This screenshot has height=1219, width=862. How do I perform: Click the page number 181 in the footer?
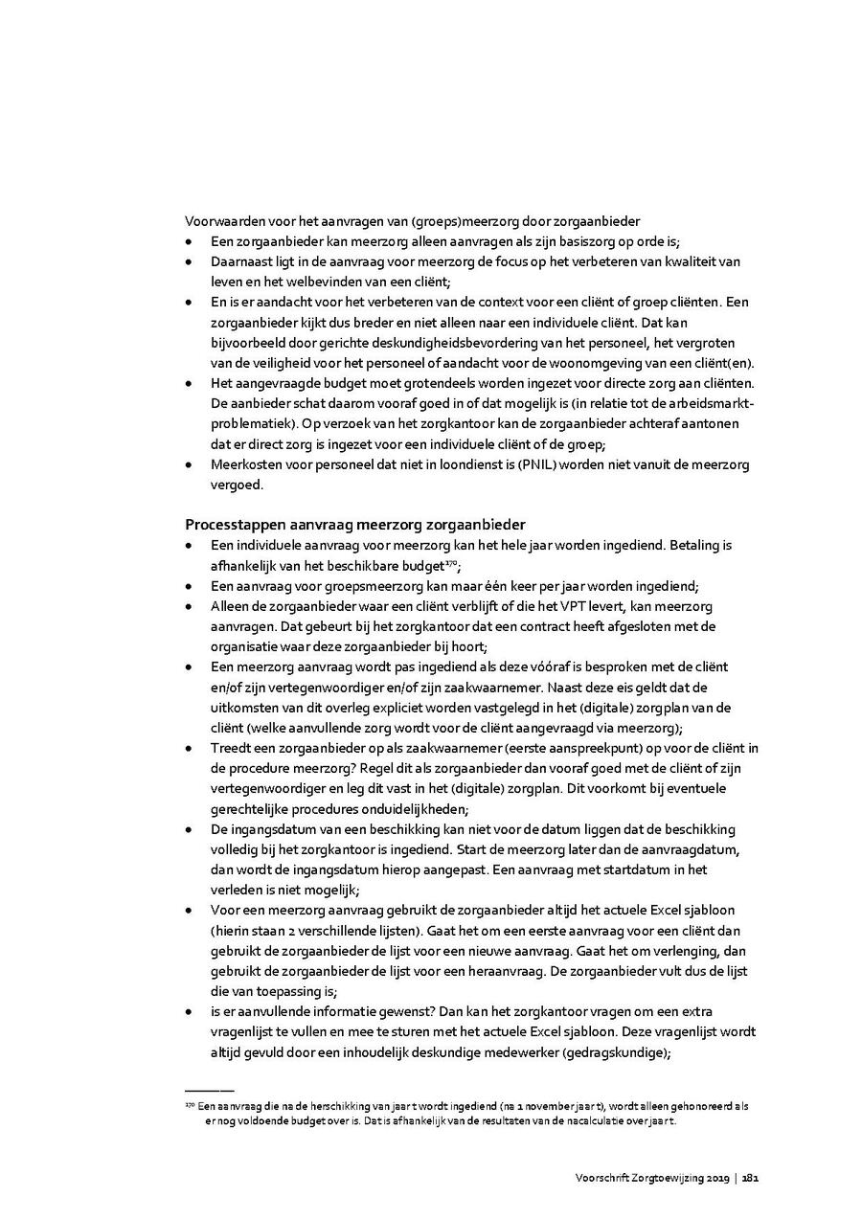pyautogui.click(x=750, y=1177)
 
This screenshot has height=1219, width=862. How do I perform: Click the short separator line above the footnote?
pyautogui.click(x=209, y=1090)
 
